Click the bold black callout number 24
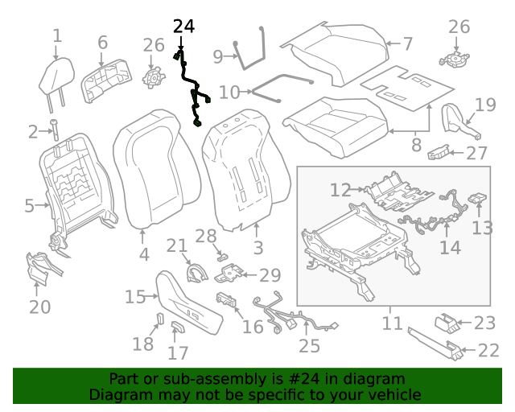183,27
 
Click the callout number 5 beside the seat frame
29,206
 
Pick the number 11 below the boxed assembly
392,323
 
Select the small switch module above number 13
478,198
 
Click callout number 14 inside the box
450,246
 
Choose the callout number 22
488,350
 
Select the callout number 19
484,104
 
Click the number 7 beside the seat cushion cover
407,43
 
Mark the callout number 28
205,236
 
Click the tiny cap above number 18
159,319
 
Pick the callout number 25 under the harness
309,346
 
